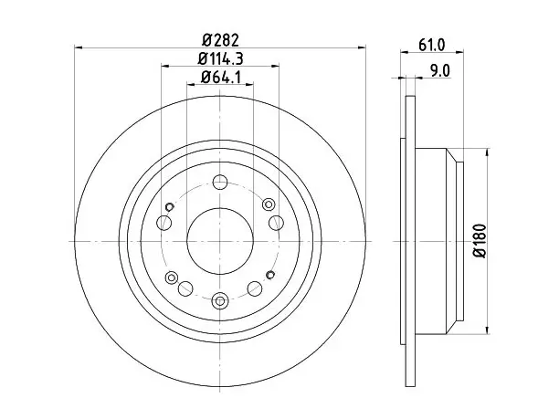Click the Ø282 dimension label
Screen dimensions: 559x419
pyautogui.click(x=220, y=39)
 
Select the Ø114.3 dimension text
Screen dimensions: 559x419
pyautogui.click(x=221, y=58)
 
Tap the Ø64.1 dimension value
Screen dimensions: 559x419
pyautogui.click(x=221, y=77)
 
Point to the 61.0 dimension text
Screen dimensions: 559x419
pyautogui.click(x=432, y=46)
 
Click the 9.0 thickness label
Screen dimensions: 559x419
pyautogui.click(x=440, y=70)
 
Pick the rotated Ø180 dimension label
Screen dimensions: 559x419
pyautogui.click(x=480, y=241)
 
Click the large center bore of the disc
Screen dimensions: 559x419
pyautogui.click(x=220, y=241)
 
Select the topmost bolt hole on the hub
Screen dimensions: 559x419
pyautogui.click(x=220, y=183)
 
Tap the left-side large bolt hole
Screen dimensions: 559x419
pyautogui.click(x=164, y=223)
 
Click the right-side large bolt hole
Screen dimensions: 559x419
pyautogui.click(x=276, y=223)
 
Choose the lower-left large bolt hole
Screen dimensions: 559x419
pyautogui.click(x=185, y=288)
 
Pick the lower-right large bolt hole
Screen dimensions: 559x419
pyautogui.click(x=255, y=288)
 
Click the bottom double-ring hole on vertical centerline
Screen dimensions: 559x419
pyautogui.click(x=220, y=301)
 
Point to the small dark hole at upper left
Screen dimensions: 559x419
pyautogui.click(x=170, y=206)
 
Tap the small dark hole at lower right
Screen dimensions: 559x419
pyautogui.click(x=270, y=275)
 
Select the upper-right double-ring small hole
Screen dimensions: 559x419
pyautogui.click(x=269, y=204)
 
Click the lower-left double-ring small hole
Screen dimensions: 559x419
pyautogui.click(x=172, y=277)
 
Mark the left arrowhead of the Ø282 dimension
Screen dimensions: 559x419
pyautogui.click(x=79, y=47)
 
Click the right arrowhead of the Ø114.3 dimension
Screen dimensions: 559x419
pyautogui.click(x=275, y=66)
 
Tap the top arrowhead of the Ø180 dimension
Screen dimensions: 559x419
pyautogui.click(x=488, y=152)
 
